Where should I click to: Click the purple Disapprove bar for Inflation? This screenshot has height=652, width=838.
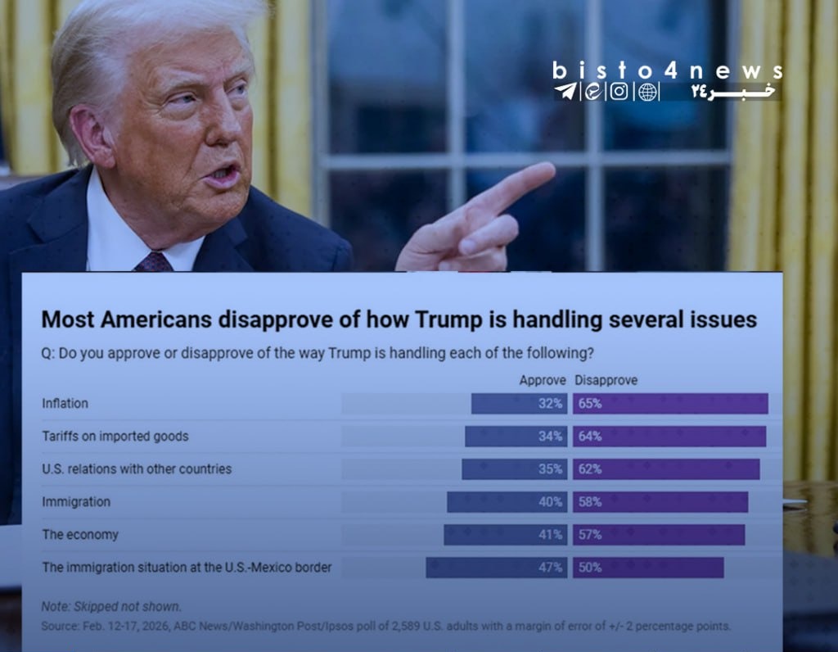click(x=670, y=404)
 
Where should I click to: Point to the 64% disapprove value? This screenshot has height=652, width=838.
click(x=590, y=437)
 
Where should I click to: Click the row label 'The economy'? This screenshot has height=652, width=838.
click(x=80, y=535)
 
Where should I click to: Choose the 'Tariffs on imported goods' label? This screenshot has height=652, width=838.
click(x=115, y=437)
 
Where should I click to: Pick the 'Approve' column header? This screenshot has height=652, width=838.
click(x=543, y=381)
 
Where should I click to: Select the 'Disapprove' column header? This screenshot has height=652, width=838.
click(x=606, y=381)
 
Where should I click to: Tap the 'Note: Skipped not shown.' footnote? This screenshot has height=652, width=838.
click(x=111, y=607)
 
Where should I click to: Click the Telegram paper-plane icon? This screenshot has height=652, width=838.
click(x=564, y=92)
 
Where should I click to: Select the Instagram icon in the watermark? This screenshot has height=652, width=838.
click(x=619, y=92)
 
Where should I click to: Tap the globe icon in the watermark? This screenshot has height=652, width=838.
click(x=648, y=92)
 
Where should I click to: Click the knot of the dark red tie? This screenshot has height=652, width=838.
click(x=154, y=262)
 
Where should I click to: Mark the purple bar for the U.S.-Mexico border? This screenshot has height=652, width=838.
click(x=648, y=568)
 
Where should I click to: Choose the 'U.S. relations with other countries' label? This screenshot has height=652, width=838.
click(x=137, y=469)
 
